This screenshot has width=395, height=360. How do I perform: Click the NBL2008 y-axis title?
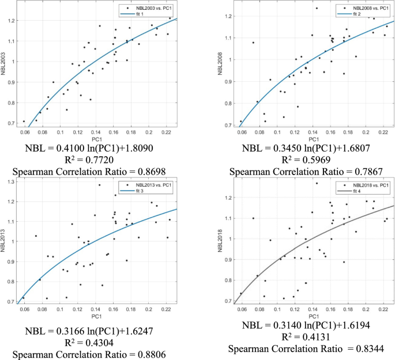pos(220,61)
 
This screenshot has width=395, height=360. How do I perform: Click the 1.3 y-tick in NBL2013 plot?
pos(13,183)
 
